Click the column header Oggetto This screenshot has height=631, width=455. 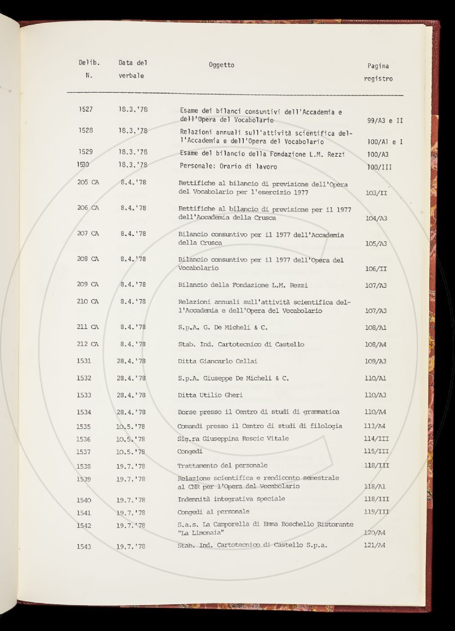click(221, 65)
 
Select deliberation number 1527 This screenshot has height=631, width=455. click(85, 109)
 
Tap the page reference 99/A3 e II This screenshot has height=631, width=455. click(385, 120)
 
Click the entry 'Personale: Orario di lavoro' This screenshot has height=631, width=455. click(228, 166)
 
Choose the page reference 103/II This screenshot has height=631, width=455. click(376, 193)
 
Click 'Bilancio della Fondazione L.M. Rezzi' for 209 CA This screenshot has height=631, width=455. click(243, 285)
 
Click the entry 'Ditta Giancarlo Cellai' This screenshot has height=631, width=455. click(218, 361)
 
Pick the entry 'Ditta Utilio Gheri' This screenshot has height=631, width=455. click(210, 395)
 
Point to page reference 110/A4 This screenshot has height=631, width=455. click(376, 412)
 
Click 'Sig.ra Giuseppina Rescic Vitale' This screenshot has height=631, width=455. click(233, 439)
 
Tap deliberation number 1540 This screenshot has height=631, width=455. click(84, 500)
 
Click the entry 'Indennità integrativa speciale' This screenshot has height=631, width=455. click(231, 499)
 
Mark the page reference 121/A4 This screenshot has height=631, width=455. click(375, 546)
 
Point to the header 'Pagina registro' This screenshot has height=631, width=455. click(378, 72)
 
